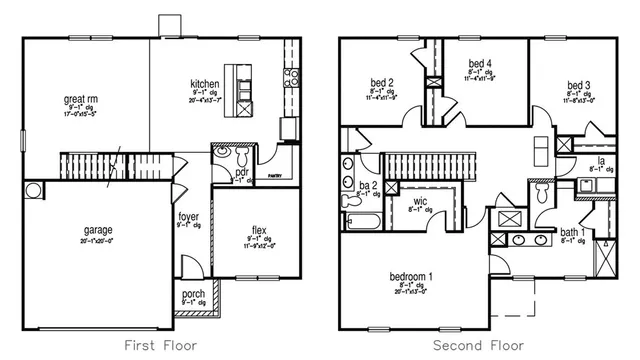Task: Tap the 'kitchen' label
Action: [x=205, y=84]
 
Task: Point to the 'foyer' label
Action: [x=188, y=216]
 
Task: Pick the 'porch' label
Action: [x=192, y=293]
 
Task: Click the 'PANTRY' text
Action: [x=277, y=176]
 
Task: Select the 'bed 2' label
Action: [x=380, y=83]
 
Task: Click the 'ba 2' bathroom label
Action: [x=367, y=186]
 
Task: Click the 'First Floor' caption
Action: [x=160, y=345]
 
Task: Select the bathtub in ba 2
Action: [x=358, y=228]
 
